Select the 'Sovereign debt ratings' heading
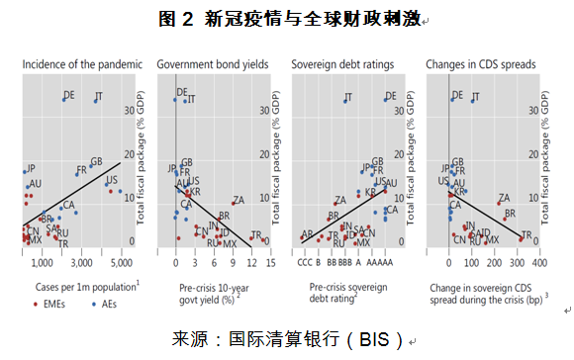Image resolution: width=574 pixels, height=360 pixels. pyautogui.click(x=342, y=65)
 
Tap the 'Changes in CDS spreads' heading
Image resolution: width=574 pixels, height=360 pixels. pyautogui.click(x=476, y=65)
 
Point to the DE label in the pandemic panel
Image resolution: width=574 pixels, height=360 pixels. pyautogui.click(x=68, y=96)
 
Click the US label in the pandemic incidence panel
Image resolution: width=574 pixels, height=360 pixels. pyautogui.click(x=111, y=180)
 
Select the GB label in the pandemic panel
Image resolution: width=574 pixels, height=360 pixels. pyautogui.click(x=96, y=161)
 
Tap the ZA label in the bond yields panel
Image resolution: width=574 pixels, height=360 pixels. pyautogui.click(x=238, y=200)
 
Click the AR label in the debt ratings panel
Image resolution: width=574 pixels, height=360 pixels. pyautogui.click(x=308, y=234)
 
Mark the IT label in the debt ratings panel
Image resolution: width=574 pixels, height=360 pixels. pyautogui.click(x=347, y=98)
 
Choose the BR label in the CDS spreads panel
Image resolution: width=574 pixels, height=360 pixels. pyautogui.click(x=510, y=214)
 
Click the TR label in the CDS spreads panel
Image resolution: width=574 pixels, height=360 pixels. pyautogui.click(x=526, y=234)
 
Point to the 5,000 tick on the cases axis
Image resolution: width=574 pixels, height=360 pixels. pyautogui.click(x=122, y=264)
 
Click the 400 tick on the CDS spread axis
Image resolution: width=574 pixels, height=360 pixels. pyautogui.click(x=539, y=264)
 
